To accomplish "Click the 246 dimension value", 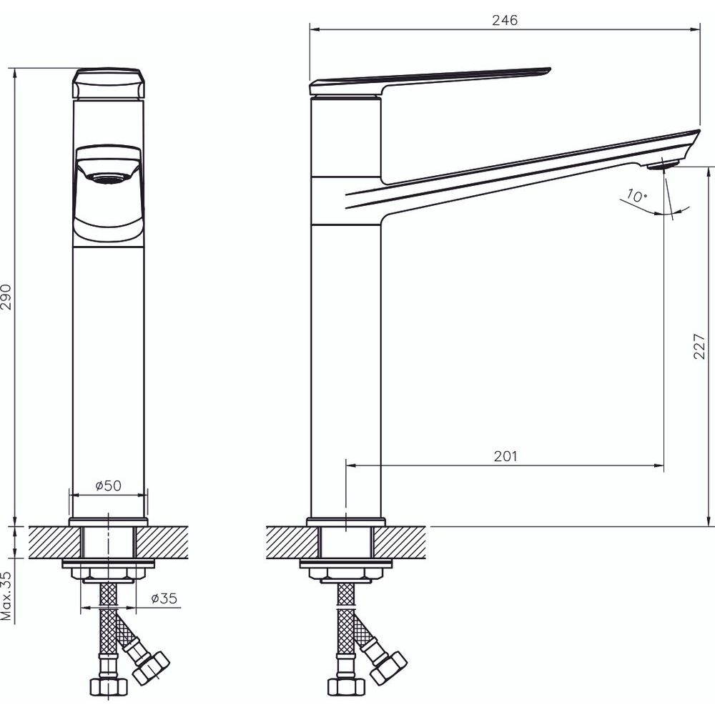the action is [x=505, y=21].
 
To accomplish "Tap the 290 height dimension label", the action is [x=6, y=297].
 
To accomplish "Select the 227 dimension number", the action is [x=699, y=346].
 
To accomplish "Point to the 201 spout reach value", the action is [x=506, y=456].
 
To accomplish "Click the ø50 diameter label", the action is [x=109, y=485].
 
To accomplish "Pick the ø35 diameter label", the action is [x=164, y=598].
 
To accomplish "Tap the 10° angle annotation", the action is [x=636, y=196].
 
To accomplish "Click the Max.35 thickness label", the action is [x=6, y=596].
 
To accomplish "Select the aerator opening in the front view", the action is [x=108, y=178].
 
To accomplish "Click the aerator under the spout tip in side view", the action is [x=663, y=163].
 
